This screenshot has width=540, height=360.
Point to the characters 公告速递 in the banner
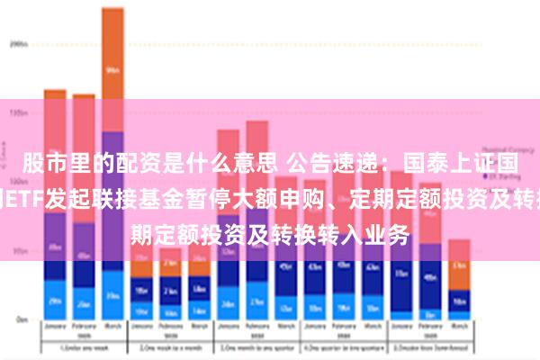[338, 164]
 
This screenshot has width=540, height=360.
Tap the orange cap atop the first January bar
[55, 94]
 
